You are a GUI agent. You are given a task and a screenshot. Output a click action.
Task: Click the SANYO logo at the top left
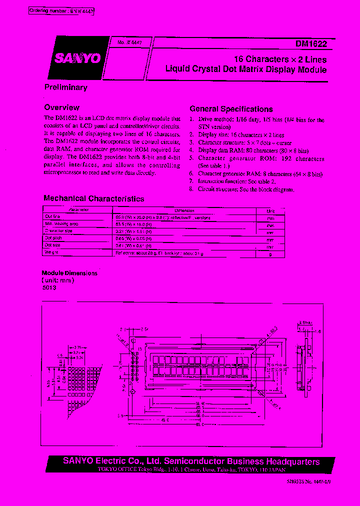78,58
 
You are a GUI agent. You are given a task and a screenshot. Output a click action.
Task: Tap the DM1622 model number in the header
311,44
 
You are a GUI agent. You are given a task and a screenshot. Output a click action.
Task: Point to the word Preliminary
65,87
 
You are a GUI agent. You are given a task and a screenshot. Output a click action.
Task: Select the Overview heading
61,107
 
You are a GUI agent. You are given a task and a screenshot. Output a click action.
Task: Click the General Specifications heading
231,109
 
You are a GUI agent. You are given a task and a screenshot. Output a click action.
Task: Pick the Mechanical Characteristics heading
93,198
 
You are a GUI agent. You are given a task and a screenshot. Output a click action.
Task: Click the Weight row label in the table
52,252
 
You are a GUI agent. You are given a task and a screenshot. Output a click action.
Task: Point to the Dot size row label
53,245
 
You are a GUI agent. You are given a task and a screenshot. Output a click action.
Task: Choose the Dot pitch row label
53,238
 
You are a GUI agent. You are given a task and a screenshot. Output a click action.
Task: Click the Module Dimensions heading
70,273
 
